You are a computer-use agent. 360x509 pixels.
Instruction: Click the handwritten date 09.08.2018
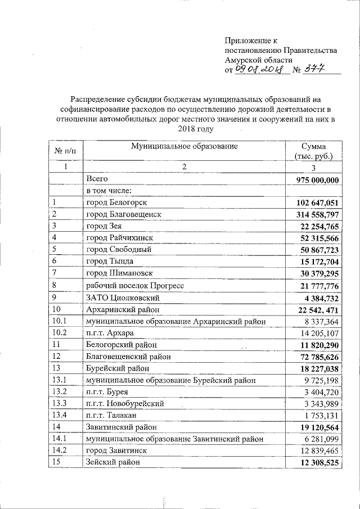click(x=262, y=69)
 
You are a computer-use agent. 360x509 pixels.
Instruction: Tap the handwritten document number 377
click(x=314, y=69)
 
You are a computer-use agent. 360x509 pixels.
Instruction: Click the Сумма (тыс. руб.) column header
click(x=313, y=151)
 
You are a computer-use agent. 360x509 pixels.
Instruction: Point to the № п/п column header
click(x=65, y=151)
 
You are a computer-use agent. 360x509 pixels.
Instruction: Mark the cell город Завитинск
click(x=116, y=451)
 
